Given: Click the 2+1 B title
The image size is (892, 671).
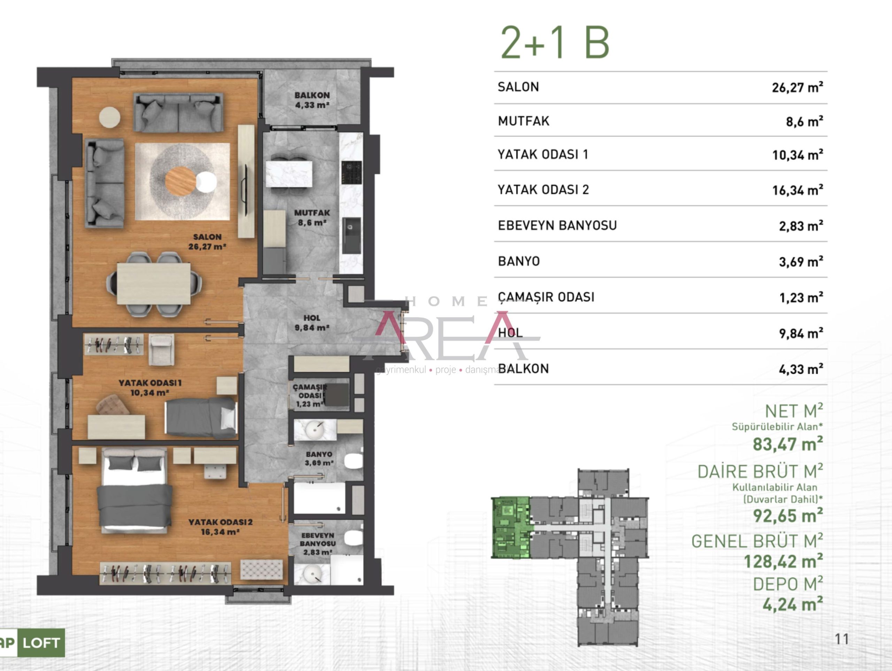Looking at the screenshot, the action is tap(554, 43).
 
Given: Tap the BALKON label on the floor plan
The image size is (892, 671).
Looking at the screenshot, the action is tap(312, 95).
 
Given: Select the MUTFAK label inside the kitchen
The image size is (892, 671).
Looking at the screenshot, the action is tap(312, 213).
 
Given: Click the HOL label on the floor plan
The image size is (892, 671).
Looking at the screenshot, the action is tap(312, 318).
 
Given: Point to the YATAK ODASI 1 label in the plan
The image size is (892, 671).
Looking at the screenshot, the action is tap(150, 382).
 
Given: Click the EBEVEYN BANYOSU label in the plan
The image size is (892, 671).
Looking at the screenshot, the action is tap(318, 539).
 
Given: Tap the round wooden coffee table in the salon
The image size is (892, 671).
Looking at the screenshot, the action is tap(180, 181).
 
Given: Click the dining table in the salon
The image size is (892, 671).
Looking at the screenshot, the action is tap(154, 284).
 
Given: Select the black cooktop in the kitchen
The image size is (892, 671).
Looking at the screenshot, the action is tap(351, 173).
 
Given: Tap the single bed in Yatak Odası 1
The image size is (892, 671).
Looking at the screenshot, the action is tap(201, 418).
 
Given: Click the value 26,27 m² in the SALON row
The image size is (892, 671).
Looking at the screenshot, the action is tap(797, 87).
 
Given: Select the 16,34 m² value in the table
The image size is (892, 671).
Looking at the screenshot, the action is tap(797, 190).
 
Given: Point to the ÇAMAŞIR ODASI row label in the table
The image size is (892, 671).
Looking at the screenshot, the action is tap(546, 297).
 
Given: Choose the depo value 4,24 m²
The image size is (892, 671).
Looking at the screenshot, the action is tap(792, 604).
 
